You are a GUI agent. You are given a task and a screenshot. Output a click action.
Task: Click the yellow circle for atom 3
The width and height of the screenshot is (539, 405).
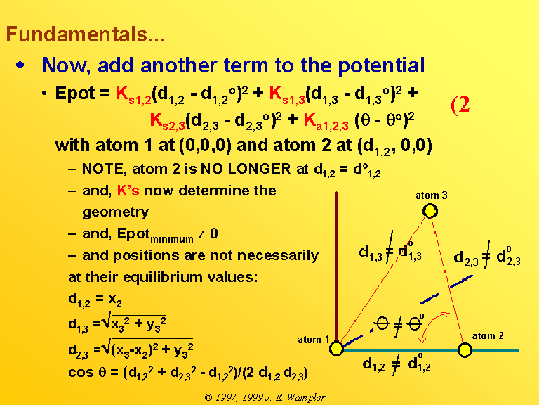pos(430,211)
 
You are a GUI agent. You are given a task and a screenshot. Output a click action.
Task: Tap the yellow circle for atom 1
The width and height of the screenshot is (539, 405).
pos(337,348)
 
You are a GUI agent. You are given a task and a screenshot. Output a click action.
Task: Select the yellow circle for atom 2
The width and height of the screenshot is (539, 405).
pos(465,350)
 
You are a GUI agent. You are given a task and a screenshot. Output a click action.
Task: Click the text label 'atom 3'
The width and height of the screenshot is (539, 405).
pos(432,195)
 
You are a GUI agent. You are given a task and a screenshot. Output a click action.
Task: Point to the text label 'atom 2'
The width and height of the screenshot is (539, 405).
pos(488,335)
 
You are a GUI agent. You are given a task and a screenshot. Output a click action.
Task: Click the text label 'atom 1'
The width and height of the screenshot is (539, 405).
pos(314,340)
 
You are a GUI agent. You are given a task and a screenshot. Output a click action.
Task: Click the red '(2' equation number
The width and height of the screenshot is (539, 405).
pos(460,105)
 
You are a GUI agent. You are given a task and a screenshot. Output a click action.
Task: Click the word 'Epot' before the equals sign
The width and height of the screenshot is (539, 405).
pos(74,94)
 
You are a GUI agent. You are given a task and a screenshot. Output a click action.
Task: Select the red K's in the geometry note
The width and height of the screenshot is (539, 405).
pos(128,190)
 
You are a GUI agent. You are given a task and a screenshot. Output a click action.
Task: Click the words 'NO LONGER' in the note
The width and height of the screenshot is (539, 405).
pos(246,169)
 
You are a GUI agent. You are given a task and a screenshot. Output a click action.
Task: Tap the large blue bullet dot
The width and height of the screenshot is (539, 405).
pos(20,65)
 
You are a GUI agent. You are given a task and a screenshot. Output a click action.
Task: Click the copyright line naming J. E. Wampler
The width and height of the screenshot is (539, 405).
pos(265,397)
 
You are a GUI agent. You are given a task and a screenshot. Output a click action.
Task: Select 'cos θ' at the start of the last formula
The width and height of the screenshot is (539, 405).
pos(87,372)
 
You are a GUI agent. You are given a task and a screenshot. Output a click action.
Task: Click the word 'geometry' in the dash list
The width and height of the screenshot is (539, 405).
pos(116,212)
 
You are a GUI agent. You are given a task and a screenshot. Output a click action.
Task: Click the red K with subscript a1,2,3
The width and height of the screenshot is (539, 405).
pos(326,122)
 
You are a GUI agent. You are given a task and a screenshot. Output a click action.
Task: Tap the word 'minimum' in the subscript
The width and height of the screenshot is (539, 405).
pos(172,238)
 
